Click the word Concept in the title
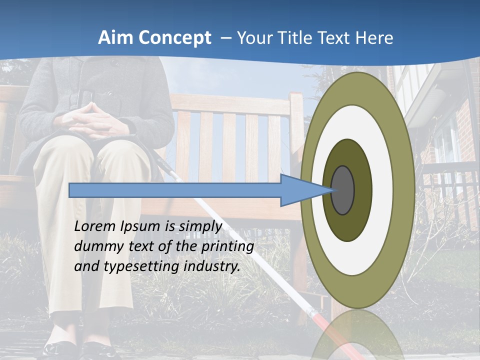point(174,38)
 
